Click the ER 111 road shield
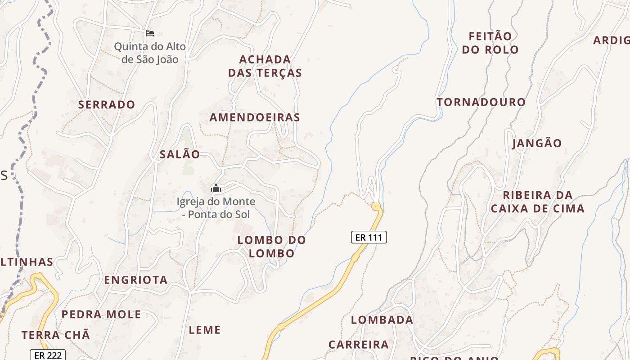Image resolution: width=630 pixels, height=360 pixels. click(369, 237)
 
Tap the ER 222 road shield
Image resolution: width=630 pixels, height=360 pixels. click(48, 355)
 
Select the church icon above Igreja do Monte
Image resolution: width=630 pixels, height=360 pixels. click(216, 188)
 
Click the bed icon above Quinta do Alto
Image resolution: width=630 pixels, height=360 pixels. click(150, 33)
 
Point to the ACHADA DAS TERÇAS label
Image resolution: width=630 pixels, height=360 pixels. click(265, 66)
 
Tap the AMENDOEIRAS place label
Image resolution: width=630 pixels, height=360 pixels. click(255, 117)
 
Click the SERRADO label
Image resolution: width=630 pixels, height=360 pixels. click(107, 105)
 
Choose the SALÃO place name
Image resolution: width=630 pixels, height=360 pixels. click(180, 154)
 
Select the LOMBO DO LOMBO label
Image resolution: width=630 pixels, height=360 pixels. click(271, 247)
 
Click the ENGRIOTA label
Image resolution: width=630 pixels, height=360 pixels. click(136, 280)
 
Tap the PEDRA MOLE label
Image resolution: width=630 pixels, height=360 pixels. click(101, 315)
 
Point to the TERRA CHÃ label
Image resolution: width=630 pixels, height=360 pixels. click(56, 335)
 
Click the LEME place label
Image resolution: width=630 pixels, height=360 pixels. click(205, 330)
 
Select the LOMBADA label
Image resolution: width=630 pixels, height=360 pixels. click(382, 320)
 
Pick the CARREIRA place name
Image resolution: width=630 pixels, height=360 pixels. click(358, 345)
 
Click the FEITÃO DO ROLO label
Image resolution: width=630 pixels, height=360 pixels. click(490, 43)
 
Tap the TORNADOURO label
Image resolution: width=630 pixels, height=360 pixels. click(481, 102)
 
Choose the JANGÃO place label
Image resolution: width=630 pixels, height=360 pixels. click(537, 144)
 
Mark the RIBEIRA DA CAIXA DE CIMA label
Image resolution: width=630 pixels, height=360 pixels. click(537, 202)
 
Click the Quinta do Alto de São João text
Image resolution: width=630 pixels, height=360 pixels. click(150, 53)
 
